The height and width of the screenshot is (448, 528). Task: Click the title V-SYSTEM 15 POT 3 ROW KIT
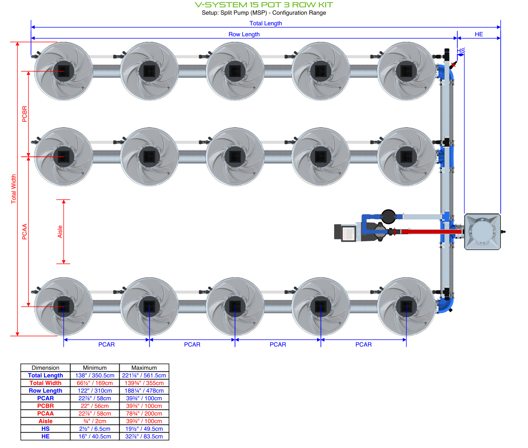coord(264,5)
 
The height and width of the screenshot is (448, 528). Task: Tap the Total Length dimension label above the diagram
coord(266,23)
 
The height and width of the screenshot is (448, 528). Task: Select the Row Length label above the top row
coord(244,34)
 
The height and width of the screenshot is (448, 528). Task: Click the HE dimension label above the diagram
coord(479,34)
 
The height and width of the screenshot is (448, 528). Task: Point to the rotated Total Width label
coord(14,189)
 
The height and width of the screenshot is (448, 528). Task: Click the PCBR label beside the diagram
coord(25,114)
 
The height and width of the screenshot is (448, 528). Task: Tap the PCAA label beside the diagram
coord(25,232)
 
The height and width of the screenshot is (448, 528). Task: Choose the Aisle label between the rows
coord(60,232)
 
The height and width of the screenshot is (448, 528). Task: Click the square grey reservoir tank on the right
coord(483,232)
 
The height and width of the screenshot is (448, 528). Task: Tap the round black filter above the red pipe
coord(388,216)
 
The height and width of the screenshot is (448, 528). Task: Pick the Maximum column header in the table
coord(144,368)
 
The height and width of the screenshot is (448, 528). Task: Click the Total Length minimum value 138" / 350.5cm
coord(95,375)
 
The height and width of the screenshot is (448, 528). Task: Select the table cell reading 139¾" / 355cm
coord(144,383)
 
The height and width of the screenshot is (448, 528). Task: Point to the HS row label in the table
coord(45,429)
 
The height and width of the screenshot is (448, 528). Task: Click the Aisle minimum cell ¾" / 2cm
coord(95,421)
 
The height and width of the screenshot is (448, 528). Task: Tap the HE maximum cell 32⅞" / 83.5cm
coord(144,437)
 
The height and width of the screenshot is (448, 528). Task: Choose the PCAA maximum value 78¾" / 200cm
coord(144,414)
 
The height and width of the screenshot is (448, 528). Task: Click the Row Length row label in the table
coord(45,391)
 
